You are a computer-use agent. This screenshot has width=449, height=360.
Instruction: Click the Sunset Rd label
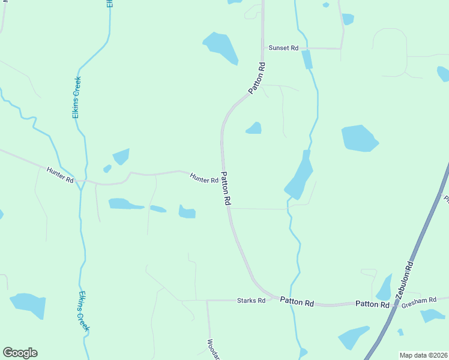[x=283, y=47]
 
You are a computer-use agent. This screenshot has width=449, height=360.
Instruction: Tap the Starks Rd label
[x=251, y=300]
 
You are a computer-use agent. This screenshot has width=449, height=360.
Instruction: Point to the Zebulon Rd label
[x=404, y=279]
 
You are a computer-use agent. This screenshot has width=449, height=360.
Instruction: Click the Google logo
[x=20, y=353]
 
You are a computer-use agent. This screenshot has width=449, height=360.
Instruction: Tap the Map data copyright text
[x=423, y=355]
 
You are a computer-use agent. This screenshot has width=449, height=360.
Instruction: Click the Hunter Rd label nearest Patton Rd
[x=204, y=178]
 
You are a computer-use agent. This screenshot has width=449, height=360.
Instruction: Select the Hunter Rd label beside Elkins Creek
[x=60, y=175]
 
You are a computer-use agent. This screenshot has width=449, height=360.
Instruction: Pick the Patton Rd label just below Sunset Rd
[x=257, y=77]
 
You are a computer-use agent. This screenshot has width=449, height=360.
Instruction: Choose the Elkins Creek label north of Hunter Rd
[x=77, y=97]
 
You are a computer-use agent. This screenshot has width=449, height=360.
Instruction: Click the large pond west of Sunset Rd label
[x=221, y=47]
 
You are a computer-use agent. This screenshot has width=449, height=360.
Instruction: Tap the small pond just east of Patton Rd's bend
[x=254, y=128]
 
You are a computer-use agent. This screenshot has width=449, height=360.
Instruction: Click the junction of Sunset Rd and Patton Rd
[x=263, y=47]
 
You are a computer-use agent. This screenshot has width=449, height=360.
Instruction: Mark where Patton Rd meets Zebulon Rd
[x=393, y=304]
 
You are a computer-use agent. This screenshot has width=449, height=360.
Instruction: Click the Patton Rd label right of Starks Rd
[x=297, y=302]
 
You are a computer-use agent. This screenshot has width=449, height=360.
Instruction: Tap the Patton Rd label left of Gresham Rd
[x=372, y=304]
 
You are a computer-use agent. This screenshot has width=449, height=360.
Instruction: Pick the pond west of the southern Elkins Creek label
[x=28, y=304]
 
